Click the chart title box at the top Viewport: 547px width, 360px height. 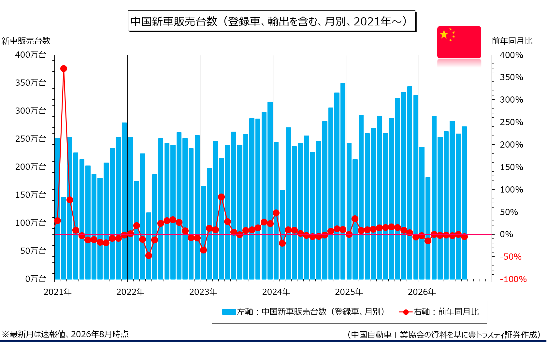click(x=272, y=21)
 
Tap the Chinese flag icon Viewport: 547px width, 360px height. click(x=459, y=42)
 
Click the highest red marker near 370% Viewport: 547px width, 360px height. click(x=64, y=69)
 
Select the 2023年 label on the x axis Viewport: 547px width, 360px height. click(x=203, y=292)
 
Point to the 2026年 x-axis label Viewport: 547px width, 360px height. click(x=422, y=292)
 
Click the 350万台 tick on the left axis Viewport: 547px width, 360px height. click(x=31, y=83)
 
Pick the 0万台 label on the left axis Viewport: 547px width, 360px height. click(x=36, y=279)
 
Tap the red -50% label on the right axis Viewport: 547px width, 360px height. click(x=511, y=257)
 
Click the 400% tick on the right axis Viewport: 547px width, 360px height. click(x=511, y=55)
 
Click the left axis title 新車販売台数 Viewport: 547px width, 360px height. click(x=26, y=41)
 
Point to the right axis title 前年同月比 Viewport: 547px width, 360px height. click(x=512, y=41)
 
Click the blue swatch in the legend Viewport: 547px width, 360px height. click(x=229, y=312)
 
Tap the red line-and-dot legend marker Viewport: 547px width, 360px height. click(x=406, y=312)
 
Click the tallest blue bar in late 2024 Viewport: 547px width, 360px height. click(x=343, y=181)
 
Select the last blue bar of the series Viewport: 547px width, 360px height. click(x=464, y=203)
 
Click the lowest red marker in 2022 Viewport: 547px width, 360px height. click(x=149, y=255)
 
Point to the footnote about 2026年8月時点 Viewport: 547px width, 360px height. click(x=65, y=334)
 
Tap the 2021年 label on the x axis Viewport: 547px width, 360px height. click(x=57, y=292)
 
